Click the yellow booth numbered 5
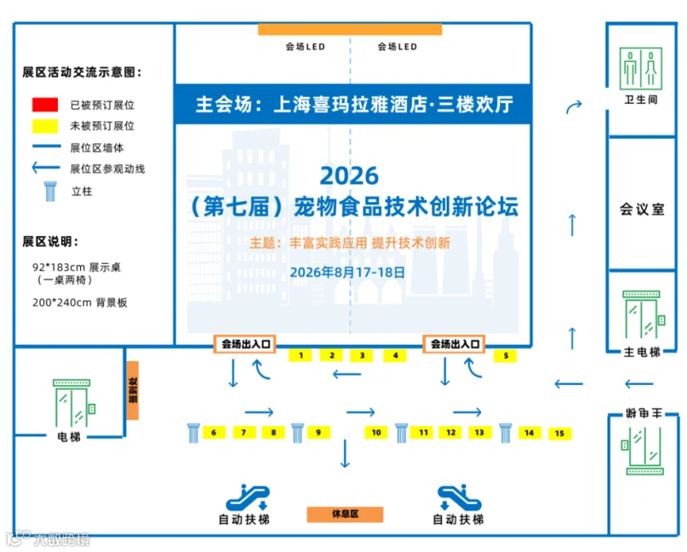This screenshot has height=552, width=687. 505,356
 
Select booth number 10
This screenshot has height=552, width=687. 376,432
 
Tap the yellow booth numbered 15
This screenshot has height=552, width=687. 560,433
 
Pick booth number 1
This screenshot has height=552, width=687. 300,355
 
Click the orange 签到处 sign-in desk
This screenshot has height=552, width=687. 133,390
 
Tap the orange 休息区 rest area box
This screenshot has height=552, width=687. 345,515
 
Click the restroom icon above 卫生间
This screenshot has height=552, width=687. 640,69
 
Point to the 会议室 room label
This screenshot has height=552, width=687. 642,209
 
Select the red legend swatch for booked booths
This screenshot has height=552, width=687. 45,105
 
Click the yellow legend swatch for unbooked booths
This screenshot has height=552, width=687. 45,126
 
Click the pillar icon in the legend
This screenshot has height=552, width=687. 50,192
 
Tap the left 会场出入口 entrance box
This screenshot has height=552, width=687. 245,344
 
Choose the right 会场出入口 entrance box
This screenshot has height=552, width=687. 454,344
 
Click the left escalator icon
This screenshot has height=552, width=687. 247,497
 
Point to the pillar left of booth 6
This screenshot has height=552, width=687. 193,433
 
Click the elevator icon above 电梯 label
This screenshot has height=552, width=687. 73,403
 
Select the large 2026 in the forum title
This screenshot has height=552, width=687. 349,176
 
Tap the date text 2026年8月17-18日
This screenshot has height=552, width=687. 347,273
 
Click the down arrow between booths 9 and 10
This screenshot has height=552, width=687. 345,454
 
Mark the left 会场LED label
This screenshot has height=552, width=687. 305,47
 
